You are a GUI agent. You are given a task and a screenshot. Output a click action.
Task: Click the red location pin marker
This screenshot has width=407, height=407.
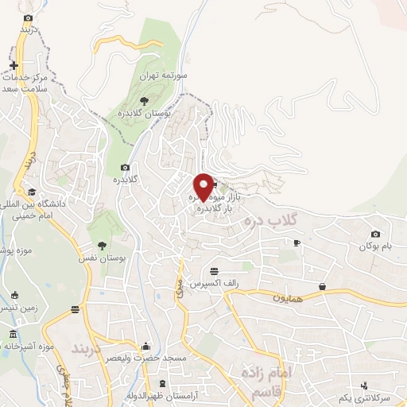203,186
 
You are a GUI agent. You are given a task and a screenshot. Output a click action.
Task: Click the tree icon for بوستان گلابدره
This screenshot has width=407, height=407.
143,100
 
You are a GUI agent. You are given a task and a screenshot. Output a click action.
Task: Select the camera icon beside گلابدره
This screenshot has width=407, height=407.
125,167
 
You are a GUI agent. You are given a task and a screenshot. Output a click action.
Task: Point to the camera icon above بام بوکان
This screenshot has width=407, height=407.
375,235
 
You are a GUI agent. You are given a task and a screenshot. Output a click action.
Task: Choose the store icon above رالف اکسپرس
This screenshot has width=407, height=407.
214,272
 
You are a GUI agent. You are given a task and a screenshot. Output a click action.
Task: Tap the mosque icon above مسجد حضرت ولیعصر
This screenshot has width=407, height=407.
145,347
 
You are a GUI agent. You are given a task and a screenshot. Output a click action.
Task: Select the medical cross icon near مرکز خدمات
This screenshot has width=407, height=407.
14,64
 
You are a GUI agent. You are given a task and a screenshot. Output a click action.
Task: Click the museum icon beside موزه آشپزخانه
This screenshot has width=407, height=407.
13,333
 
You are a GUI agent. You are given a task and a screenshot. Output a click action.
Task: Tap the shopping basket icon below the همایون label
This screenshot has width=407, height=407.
323,286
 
